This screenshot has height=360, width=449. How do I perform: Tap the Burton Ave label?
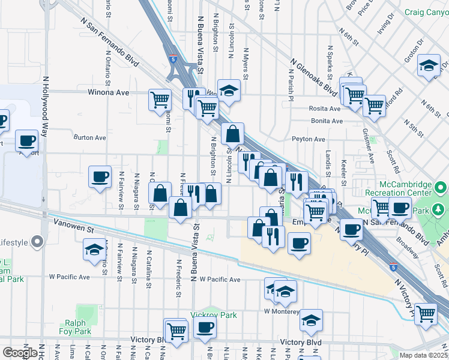89,137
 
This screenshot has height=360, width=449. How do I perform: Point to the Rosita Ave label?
325,109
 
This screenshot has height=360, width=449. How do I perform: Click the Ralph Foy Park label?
74,326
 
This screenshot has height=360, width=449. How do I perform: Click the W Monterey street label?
282,311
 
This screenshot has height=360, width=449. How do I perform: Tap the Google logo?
20,352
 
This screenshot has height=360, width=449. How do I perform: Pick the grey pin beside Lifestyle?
37,242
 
